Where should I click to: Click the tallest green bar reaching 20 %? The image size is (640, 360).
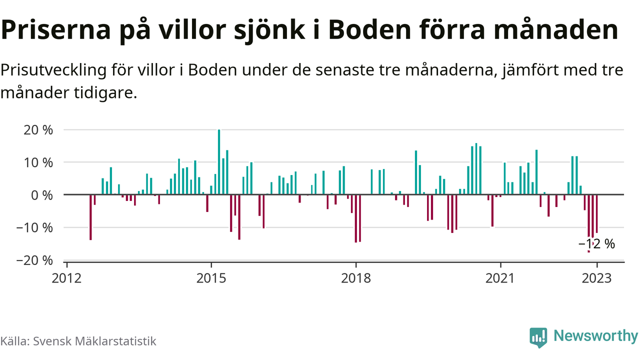(x=219, y=162)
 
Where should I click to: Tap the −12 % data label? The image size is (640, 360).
(x=596, y=244)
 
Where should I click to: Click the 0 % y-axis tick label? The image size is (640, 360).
(x=42, y=195)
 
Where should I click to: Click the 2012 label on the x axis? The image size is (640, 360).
(x=66, y=278)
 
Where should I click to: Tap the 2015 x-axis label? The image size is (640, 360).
(x=211, y=278)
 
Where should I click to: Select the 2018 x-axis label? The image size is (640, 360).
(x=355, y=278)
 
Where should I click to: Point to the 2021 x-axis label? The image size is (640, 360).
(x=500, y=278)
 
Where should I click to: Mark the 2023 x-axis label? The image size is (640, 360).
(x=597, y=278)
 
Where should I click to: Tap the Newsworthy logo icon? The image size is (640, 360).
(x=538, y=337)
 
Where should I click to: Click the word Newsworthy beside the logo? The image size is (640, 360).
(x=595, y=336)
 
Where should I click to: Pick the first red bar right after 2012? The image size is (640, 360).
(x=90, y=217)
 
